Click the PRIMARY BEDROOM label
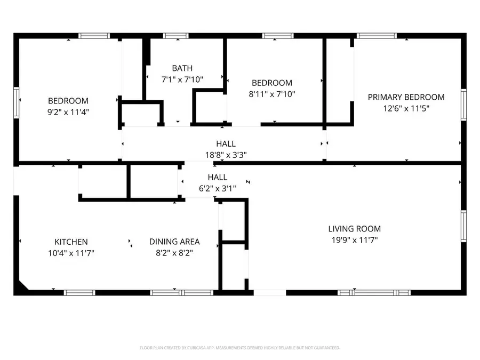click(x=406, y=97)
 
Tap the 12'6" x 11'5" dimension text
click(x=406, y=108)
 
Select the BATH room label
click(x=182, y=68)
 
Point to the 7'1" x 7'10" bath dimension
click(x=182, y=79)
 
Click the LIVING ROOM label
click(x=354, y=229)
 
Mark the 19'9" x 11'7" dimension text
click(x=354, y=240)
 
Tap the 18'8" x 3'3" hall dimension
click(x=226, y=155)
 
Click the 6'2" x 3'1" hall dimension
click(x=217, y=188)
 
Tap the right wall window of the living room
click(x=463, y=226)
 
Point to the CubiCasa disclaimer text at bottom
click(x=239, y=348)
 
